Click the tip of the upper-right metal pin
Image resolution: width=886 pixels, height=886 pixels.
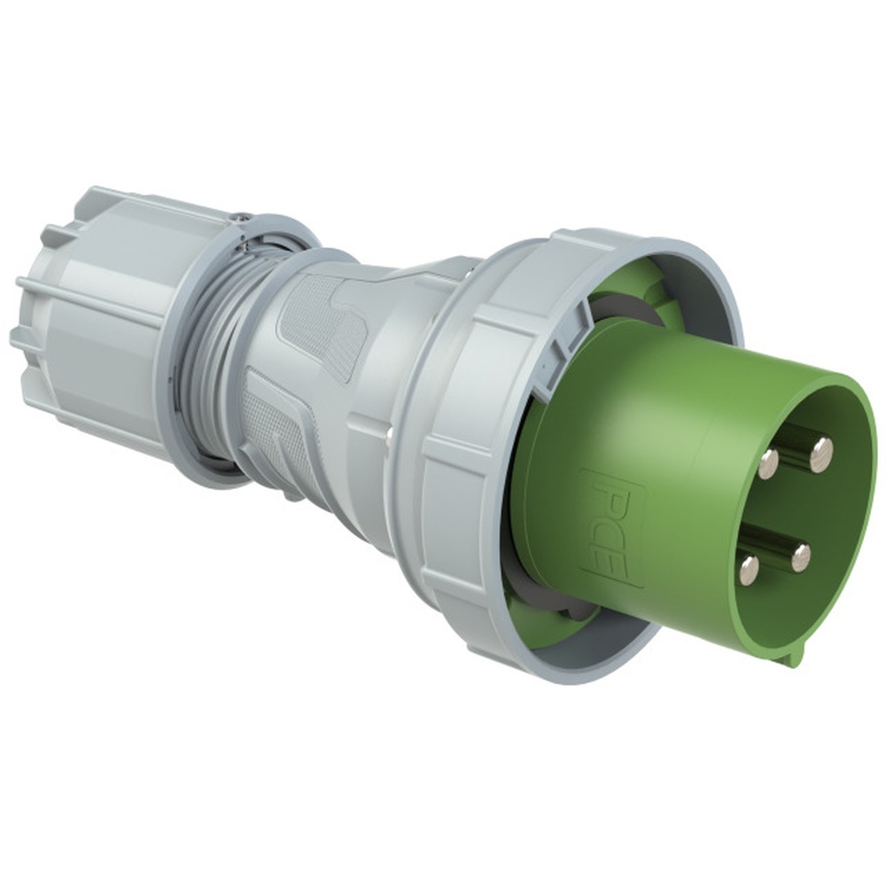point(821,455)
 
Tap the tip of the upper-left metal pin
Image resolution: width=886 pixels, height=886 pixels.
point(768,462)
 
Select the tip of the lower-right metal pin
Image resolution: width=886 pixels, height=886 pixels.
point(800,557)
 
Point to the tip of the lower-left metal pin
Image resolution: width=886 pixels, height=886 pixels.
point(750,569)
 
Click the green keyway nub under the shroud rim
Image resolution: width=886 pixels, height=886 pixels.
point(794,653)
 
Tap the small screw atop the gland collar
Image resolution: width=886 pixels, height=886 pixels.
point(237,215)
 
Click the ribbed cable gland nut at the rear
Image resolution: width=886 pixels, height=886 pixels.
point(89,310)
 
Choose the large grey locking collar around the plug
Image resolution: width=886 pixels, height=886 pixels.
point(461,443)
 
